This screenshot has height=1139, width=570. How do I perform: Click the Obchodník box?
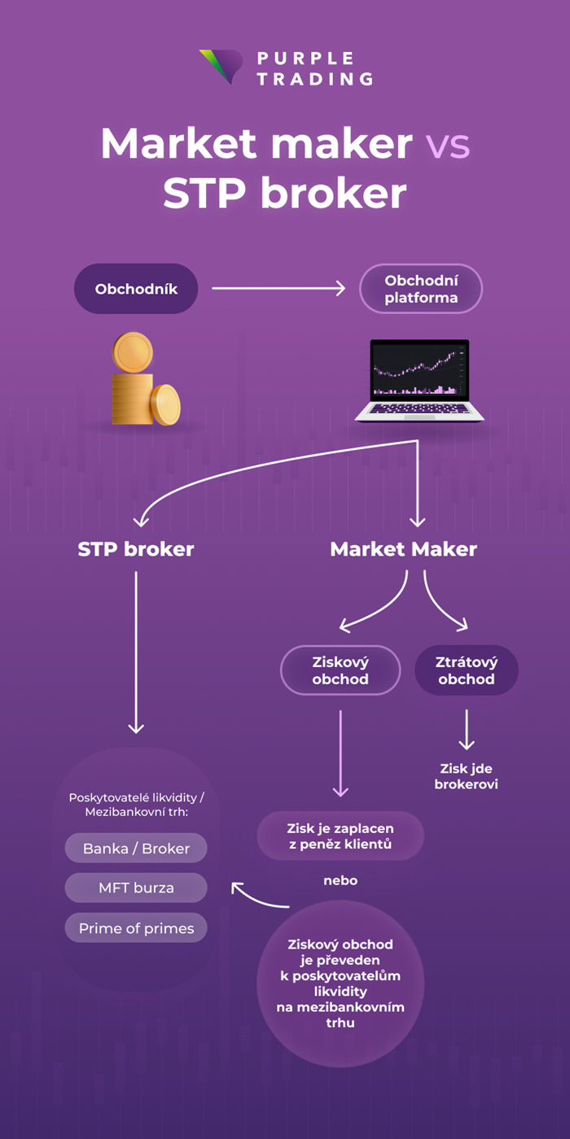pyautogui.click(x=136, y=289)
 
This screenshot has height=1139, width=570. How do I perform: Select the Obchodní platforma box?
pyautogui.click(x=421, y=289)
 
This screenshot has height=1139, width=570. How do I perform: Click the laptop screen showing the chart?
pyautogui.click(x=420, y=370)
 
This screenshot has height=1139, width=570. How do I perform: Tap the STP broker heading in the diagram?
pyautogui.click(x=136, y=549)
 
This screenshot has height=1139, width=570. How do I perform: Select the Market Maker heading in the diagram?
pyautogui.click(x=403, y=549)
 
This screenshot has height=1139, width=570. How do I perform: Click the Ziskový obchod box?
pyautogui.click(x=340, y=671)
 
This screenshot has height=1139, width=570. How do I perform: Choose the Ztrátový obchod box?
pyautogui.click(x=467, y=671)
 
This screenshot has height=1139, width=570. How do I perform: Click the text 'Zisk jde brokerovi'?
pyautogui.click(x=466, y=776)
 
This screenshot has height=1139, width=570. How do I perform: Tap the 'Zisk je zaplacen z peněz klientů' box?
pyautogui.click(x=340, y=836)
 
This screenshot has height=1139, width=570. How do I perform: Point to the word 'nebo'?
pyautogui.click(x=340, y=880)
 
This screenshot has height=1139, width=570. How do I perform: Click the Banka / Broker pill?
pyautogui.click(x=136, y=849)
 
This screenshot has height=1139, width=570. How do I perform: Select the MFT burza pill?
pyautogui.click(x=136, y=888)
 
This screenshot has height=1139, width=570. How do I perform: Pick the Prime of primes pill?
pyautogui.click(x=136, y=927)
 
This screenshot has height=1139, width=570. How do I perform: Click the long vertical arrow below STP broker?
pyautogui.click(x=136, y=651)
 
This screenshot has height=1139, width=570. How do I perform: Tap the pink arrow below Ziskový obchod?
pyautogui.click(x=340, y=753)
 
